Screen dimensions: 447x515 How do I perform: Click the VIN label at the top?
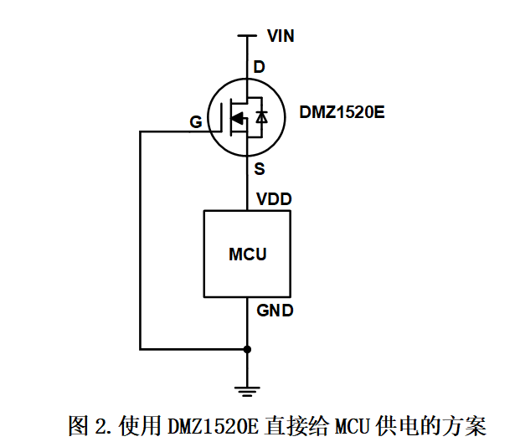coord(280,36)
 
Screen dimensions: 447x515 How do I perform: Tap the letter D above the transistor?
coord(260,66)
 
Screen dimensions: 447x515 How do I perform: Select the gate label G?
coord(195,123)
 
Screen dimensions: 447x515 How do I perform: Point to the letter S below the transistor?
coord(260,169)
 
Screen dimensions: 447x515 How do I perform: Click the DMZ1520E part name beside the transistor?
coord(342,112)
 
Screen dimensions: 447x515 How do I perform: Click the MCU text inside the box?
coord(248,254)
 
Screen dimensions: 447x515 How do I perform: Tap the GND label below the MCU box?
coord(275,311)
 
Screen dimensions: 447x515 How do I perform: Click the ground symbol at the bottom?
coord(247,388)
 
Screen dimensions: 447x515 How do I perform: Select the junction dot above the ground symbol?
coord(247,348)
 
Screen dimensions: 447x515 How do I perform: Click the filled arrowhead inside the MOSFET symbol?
coord(238,119)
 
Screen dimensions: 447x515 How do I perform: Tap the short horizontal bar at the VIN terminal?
coord(247,36)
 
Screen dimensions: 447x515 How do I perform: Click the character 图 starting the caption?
coord(78,426)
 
